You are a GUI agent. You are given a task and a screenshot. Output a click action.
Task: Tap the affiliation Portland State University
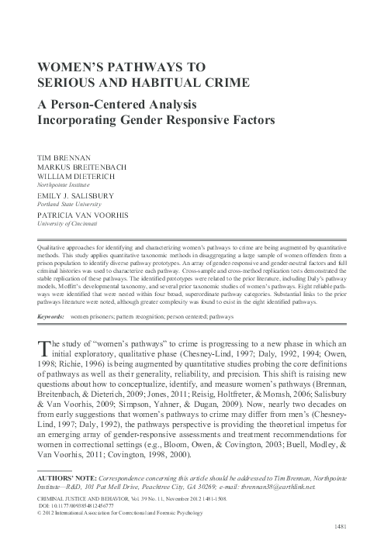(x=65, y=204)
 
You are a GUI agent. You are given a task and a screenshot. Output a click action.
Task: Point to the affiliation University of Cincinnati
(x=66, y=224)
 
